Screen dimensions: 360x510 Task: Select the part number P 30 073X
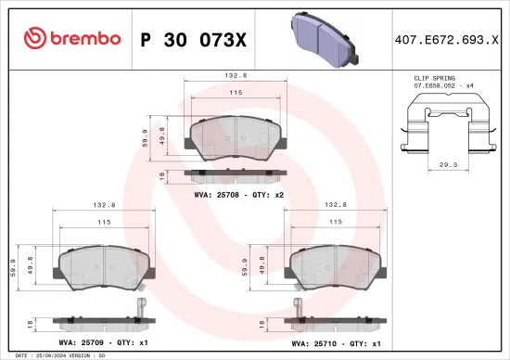point(191,39)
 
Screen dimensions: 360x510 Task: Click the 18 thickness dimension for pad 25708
point(163,174)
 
